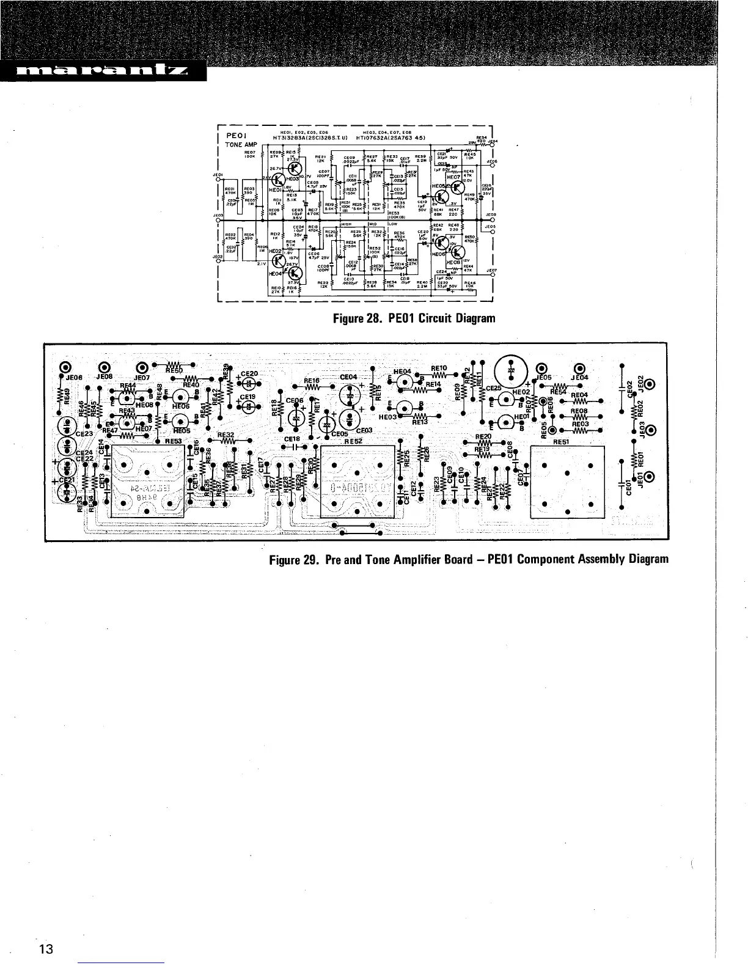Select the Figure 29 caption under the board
click(x=469, y=559)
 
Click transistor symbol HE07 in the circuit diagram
click(x=457, y=186)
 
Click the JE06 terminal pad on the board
click(x=67, y=368)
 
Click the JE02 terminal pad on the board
click(x=648, y=384)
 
